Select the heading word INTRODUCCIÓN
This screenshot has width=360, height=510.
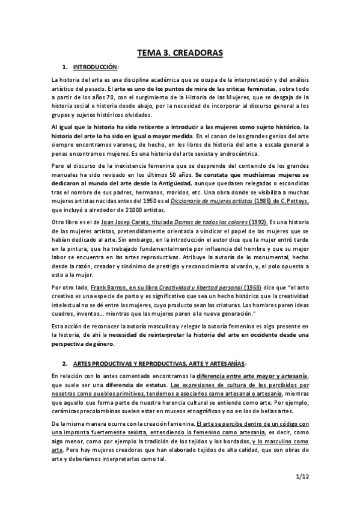pyautogui.click(x=96, y=66)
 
